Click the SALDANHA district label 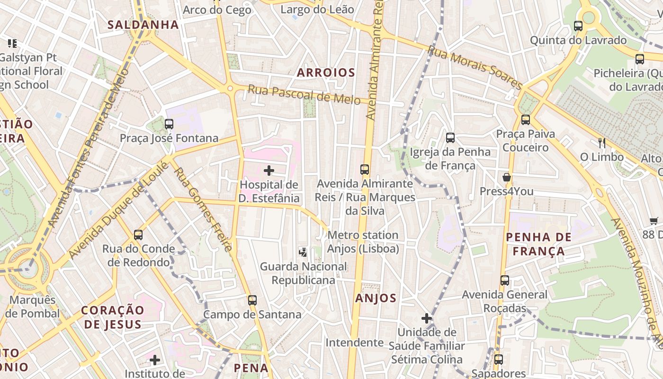click(143, 25)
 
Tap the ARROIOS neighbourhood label click(326, 72)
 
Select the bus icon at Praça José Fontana click(169, 124)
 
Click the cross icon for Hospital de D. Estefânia click(269, 171)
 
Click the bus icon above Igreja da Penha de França click(450, 138)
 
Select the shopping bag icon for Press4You click(507, 178)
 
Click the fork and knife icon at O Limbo click(602, 143)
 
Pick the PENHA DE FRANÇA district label click(539, 244)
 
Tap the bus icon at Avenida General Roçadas click(505, 280)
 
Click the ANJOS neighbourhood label click(376, 298)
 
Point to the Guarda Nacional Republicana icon click(303, 253)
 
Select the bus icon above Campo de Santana click(252, 300)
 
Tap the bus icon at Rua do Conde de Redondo click(138, 235)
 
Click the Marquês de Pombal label click(33, 307)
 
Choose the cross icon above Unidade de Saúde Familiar click(427, 318)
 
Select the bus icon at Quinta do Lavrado click(578, 26)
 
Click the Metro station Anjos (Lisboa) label click(363, 242)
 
